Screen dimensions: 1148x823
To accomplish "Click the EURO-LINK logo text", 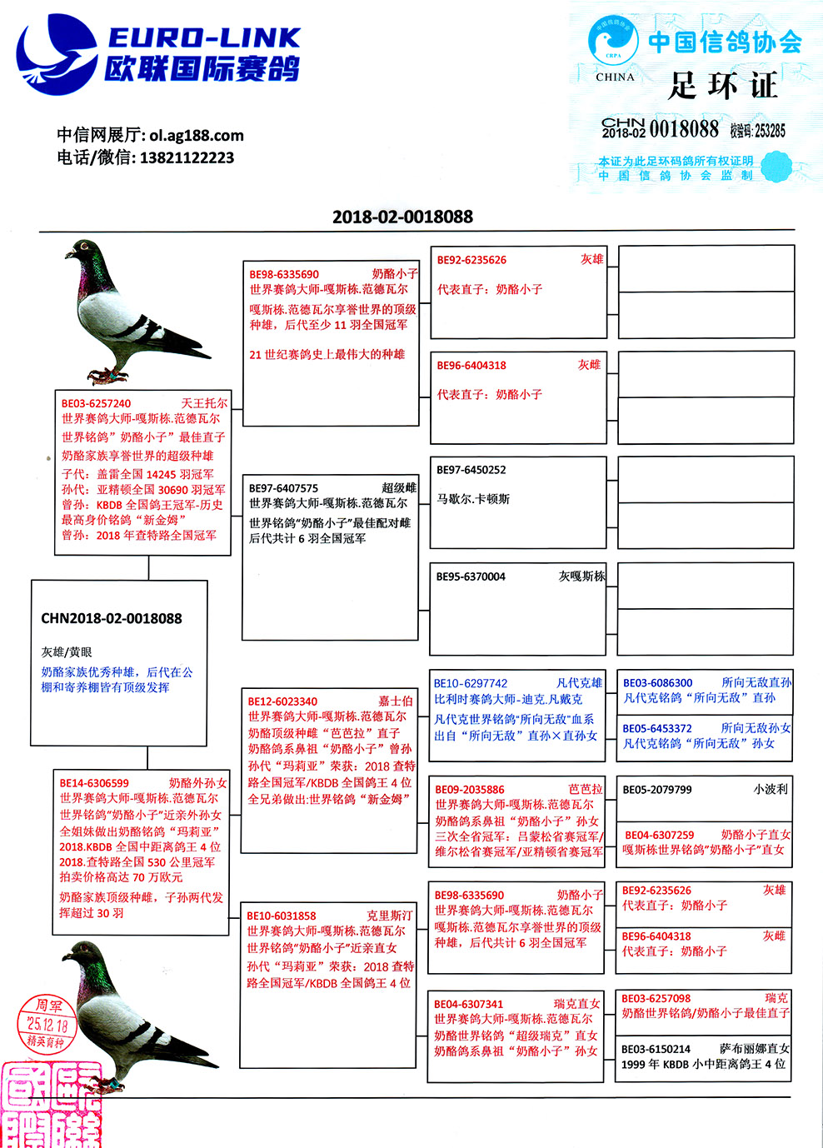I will (203, 37).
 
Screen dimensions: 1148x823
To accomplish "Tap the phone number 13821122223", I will (187, 157).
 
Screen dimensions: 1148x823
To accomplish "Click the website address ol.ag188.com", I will (197, 135).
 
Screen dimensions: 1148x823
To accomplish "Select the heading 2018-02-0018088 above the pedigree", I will (402, 217).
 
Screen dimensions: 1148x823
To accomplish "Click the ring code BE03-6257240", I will (96, 403).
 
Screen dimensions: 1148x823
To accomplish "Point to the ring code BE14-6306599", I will (94, 783).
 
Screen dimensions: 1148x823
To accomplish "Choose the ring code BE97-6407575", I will (283, 488).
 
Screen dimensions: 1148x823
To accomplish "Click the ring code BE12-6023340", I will (282, 701).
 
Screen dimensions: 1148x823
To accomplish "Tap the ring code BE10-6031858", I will (282, 916).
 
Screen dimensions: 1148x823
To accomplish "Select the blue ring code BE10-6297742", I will (470, 683).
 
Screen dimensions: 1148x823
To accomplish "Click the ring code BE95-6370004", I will (471, 576).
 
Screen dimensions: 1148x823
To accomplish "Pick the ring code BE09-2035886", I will (470, 790).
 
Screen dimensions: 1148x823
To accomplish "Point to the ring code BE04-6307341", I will (468, 1004).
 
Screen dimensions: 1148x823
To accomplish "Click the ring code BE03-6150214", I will (656, 1049).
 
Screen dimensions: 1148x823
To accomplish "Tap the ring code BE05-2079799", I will (657, 790).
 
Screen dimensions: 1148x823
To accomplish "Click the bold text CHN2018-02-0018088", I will (112, 618).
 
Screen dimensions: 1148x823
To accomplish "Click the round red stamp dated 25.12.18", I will (47, 1024).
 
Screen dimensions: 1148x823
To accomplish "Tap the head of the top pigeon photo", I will (84, 249).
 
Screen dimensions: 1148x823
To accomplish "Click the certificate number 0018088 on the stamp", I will (684, 128).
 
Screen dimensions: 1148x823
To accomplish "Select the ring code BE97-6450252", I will (471, 470).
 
